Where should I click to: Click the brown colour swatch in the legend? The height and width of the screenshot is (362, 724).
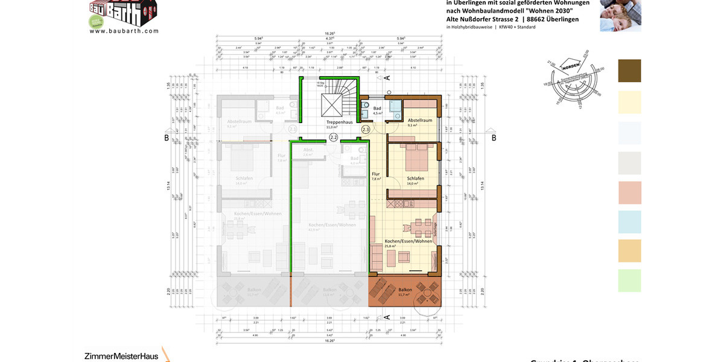click(629, 71)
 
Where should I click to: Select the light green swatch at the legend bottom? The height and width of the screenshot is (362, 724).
click(629, 281)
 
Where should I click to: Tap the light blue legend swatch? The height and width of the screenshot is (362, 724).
click(629, 222)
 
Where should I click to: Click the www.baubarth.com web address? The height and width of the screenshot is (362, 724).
click(124, 31)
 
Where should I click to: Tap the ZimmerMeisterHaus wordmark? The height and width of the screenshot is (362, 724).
click(121, 356)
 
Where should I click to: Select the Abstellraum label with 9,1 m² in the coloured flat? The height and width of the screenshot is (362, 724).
click(419, 121)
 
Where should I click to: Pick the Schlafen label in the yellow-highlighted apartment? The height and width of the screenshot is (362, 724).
click(416, 179)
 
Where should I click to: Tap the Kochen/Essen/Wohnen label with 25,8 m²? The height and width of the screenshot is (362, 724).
click(408, 241)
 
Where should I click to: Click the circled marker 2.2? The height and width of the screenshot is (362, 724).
click(334, 138)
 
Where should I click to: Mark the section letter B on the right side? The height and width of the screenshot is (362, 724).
click(494, 138)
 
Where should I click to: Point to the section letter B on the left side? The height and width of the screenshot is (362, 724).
click(167, 138)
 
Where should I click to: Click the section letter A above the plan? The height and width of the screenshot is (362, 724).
click(387, 77)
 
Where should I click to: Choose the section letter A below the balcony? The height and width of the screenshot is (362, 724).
click(387, 317)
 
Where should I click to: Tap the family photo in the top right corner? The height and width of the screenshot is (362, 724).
click(620, 16)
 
